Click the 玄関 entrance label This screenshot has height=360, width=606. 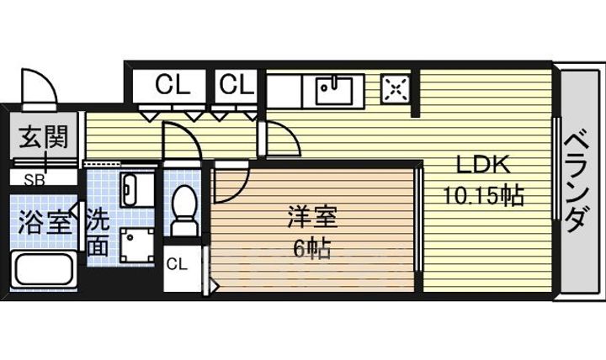[x=44, y=137]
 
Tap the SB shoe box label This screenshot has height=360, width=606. [x=35, y=180]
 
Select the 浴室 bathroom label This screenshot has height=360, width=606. [x=45, y=222]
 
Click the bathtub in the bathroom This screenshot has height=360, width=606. [x=43, y=270]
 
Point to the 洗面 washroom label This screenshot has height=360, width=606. [x=98, y=232]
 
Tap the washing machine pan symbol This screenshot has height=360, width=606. [x=137, y=246]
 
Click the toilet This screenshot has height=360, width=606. [x=184, y=211]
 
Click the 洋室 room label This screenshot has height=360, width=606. [x=312, y=218]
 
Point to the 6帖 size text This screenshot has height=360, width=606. [x=312, y=249]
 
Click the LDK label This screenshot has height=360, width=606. [x=483, y=165]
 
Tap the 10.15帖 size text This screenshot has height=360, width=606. [x=483, y=195]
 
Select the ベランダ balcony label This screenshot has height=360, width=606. [x=577, y=183]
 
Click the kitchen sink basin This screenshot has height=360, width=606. [x=334, y=91]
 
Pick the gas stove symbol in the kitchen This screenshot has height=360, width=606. [x=395, y=89]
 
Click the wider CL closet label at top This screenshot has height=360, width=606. [x=173, y=85]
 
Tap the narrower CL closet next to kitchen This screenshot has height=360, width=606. [x=237, y=85]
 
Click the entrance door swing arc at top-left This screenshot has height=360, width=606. [x=40, y=86]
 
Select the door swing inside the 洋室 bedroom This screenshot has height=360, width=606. [x=232, y=183]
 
